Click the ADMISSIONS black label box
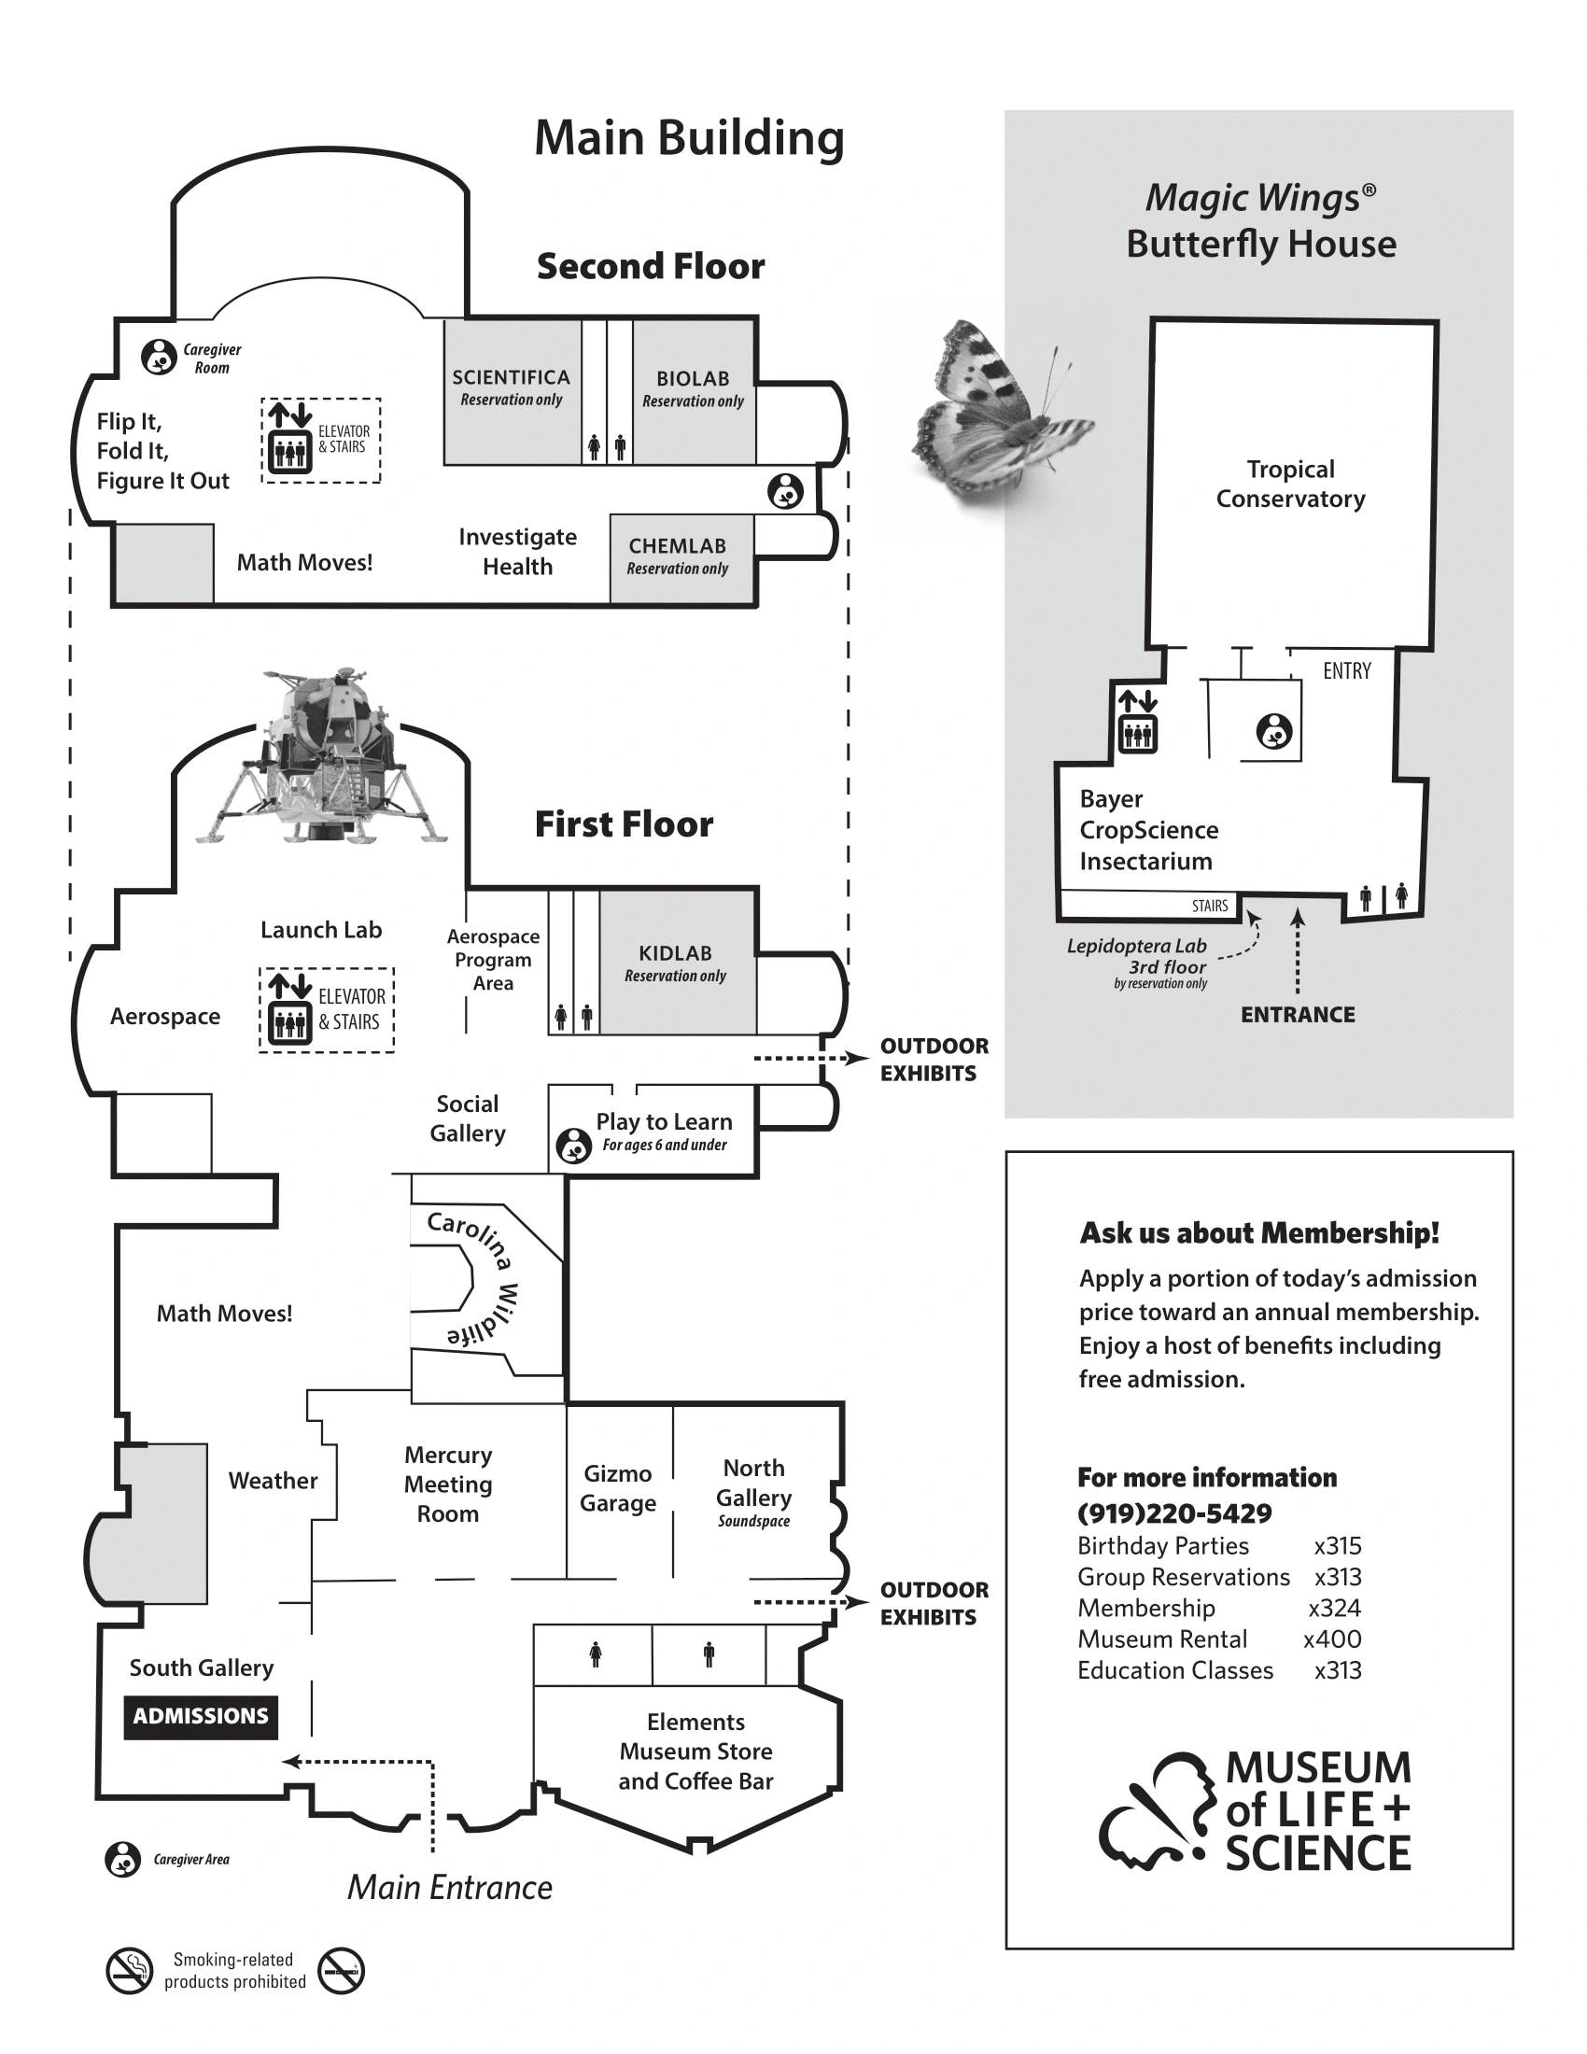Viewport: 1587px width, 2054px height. pyautogui.click(x=201, y=1715)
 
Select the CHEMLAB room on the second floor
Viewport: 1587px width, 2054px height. pyautogui.click(x=678, y=556)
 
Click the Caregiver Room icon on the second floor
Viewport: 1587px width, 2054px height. pyautogui.click(x=159, y=358)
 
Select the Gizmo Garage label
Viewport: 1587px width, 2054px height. pyautogui.click(x=618, y=1488)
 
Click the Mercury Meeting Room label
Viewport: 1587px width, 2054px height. pyautogui.click(x=448, y=1484)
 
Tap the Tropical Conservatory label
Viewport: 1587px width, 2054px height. pyautogui.click(x=1290, y=484)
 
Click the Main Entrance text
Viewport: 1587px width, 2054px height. pyautogui.click(x=449, y=1887)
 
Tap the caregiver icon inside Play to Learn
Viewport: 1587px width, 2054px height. pyautogui.click(x=573, y=1146)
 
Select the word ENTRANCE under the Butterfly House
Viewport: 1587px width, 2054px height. pyautogui.click(x=1298, y=1014)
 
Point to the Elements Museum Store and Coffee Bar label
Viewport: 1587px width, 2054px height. pyautogui.click(x=695, y=1752)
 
